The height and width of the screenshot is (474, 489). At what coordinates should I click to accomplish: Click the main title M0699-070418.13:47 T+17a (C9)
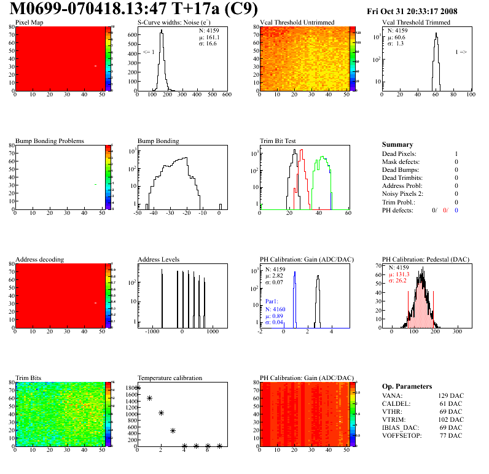click(x=134, y=9)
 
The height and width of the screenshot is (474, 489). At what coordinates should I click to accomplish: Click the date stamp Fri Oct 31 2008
click(x=424, y=11)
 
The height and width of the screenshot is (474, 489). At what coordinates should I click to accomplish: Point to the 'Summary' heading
click(x=397, y=144)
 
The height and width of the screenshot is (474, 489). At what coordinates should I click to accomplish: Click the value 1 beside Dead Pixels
click(x=456, y=153)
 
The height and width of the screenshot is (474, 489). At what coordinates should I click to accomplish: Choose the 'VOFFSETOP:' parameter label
click(x=402, y=435)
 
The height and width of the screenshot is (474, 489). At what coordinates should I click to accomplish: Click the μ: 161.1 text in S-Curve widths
click(x=209, y=37)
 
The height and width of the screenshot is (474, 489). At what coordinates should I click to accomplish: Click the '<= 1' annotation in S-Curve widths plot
click(x=148, y=52)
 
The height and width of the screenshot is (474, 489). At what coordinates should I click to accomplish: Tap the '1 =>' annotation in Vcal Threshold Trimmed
click(x=461, y=52)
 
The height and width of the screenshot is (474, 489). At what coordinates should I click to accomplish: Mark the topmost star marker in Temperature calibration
click(x=138, y=388)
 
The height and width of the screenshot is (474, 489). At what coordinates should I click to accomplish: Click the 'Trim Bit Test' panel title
click(x=278, y=141)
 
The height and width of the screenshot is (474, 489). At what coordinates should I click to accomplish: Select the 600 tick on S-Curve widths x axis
click(x=226, y=95)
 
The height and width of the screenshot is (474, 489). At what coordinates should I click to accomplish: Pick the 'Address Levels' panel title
click(x=158, y=259)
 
